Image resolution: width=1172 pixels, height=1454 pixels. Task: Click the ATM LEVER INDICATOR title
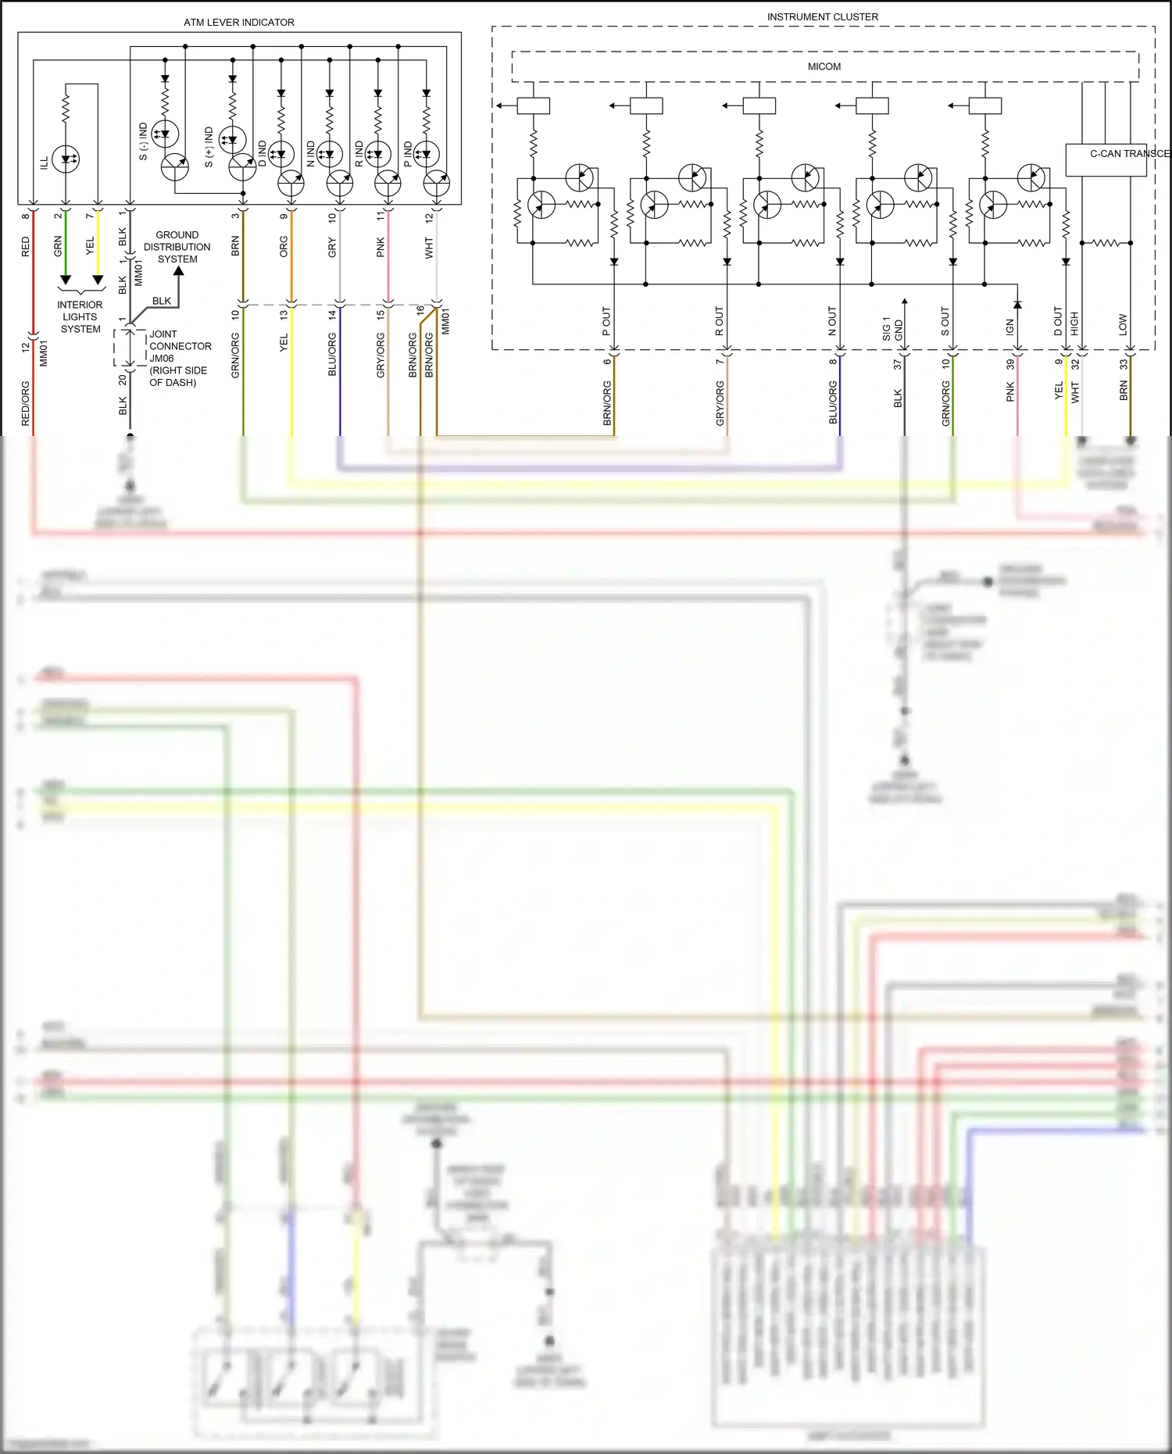(239, 23)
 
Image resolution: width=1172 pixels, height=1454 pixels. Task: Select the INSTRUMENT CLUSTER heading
(822, 17)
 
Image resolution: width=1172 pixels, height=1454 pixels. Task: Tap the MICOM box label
(824, 67)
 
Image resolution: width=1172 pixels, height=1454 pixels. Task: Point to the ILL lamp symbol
(66, 159)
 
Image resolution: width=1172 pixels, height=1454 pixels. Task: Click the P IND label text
(408, 154)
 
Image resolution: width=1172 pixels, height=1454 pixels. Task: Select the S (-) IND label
(143, 141)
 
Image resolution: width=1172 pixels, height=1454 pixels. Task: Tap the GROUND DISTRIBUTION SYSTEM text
(177, 247)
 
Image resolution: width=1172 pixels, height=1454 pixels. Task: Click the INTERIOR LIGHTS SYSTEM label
(80, 317)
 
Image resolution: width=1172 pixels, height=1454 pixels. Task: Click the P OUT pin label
(606, 321)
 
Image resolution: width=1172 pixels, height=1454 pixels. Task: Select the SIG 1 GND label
(892, 329)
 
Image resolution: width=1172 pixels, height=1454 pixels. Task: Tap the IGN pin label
(1009, 327)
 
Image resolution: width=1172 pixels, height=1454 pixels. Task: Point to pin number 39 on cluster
(1010, 364)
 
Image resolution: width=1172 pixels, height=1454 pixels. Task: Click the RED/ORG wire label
(26, 403)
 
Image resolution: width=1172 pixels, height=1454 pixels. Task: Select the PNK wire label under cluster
(1009, 392)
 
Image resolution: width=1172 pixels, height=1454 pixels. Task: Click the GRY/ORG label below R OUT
(720, 403)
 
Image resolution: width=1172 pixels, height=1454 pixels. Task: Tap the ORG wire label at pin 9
(284, 247)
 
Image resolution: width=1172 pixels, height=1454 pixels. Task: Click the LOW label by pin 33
(1123, 325)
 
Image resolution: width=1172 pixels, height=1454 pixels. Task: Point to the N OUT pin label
(832, 321)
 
